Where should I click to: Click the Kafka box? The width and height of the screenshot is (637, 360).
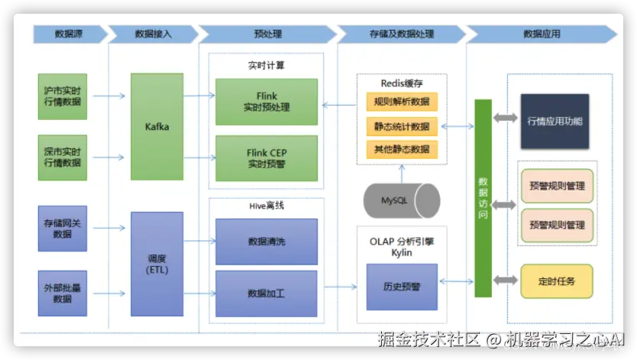coord(157,126)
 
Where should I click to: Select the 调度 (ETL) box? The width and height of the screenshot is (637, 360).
coord(157,264)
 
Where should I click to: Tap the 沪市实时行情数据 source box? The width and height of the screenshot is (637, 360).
coord(62,96)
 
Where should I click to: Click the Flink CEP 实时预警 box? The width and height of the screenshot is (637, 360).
coord(267,158)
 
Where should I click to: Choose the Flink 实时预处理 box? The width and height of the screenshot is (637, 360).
coord(267,102)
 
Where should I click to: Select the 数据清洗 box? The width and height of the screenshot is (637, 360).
coord(267,242)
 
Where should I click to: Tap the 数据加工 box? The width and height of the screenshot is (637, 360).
coord(267,294)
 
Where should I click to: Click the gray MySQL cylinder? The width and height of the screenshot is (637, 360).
coord(401,200)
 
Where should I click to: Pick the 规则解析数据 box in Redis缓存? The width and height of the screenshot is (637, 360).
coord(401,102)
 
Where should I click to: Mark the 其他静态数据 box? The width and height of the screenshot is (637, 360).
coord(401,149)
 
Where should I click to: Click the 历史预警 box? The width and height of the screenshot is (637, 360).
coord(401,286)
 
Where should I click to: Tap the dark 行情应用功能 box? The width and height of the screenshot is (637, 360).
coord(554,120)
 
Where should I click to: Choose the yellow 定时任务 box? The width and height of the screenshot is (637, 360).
coord(556,281)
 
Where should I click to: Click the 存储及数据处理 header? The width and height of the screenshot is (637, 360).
coord(401,34)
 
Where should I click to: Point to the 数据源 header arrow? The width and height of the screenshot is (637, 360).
coord(69,34)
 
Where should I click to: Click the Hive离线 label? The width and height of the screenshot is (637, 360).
coord(266,206)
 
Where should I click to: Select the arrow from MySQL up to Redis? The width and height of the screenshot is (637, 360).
coord(401,173)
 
